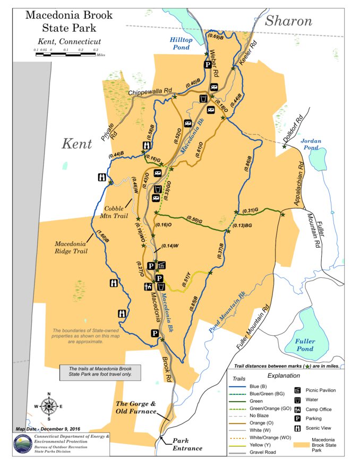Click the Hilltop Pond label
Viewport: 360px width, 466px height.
click(182, 43)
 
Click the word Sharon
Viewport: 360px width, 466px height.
click(288, 21)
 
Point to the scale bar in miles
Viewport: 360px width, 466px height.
click(64, 53)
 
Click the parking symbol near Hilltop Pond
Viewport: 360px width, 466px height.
click(208, 65)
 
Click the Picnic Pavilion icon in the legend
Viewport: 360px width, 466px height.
click(298, 390)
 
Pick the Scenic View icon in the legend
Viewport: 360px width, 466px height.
click(298, 428)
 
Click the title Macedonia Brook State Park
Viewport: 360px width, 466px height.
click(69, 21)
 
